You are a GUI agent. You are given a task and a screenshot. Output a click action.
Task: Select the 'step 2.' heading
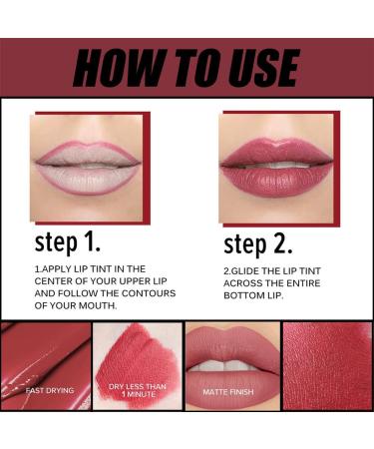[260, 244]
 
